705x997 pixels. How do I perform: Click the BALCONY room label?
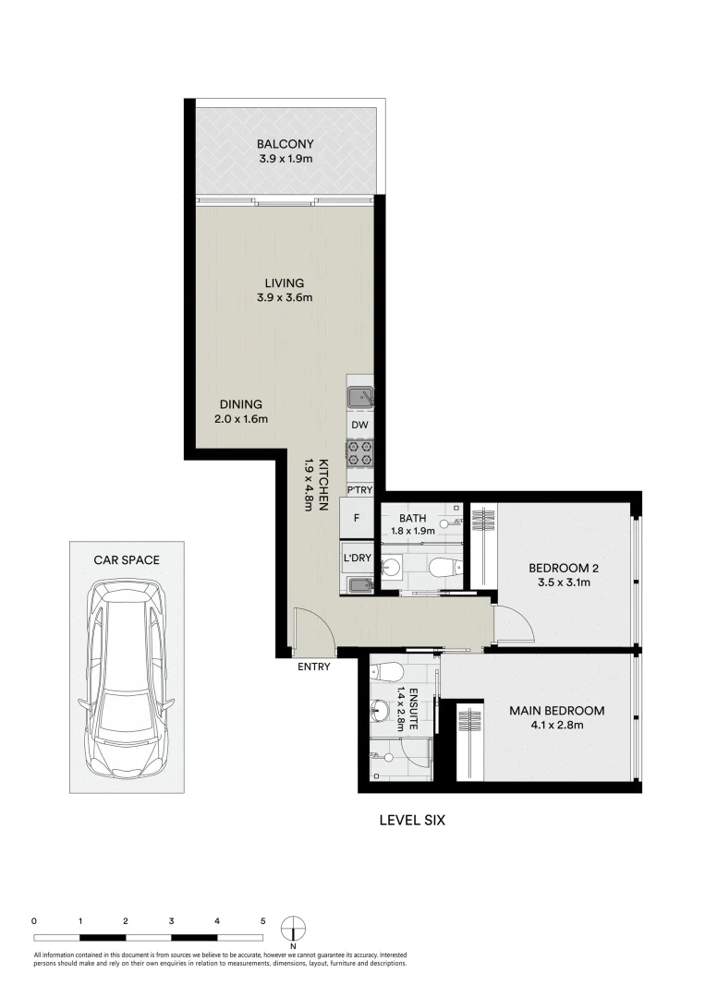coord(286,144)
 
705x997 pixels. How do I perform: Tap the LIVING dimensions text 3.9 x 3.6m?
coord(286,297)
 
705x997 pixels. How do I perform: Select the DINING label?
coord(241,404)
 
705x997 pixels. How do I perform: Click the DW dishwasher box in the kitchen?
coord(360,425)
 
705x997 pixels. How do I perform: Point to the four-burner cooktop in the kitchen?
coord(359,453)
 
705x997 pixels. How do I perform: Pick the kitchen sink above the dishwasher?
coord(359,397)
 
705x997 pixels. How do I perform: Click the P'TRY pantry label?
coord(359,488)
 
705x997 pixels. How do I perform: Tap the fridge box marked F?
coord(356,519)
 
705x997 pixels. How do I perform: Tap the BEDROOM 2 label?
coord(559,567)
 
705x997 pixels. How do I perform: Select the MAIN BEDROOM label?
coord(557,711)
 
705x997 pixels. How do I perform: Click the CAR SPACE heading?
coord(127,560)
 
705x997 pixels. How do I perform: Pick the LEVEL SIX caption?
coord(413,819)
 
